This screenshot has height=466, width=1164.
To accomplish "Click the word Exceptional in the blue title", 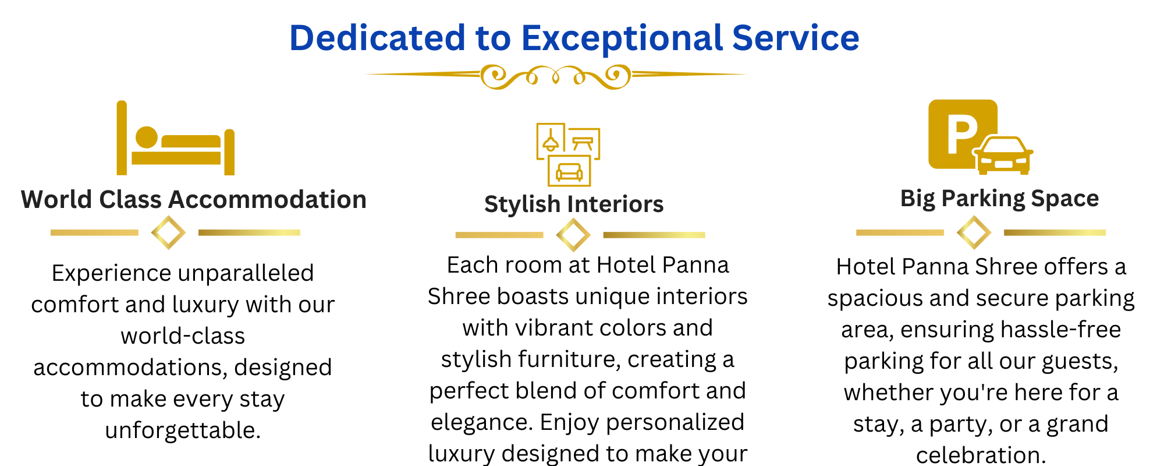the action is pyautogui.click(x=622, y=39).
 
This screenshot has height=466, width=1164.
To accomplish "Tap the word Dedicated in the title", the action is pyautogui.click(x=377, y=38).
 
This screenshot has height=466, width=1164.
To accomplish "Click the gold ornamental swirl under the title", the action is pyautogui.click(x=556, y=76).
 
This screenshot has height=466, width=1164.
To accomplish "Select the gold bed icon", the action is pyautogui.click(x=176, y=138).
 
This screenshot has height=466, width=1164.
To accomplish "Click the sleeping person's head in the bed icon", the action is pyautogui.click(x=147, y=137).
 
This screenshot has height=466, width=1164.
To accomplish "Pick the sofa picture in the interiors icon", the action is pyautogui.click(x=569, y=171).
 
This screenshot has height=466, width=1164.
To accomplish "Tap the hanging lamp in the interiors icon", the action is pyautogui.click(x=551, y=140).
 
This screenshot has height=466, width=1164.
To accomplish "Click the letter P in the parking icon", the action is pyautogui.click(x=961, y=135).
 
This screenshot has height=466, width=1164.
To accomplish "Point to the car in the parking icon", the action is pyautogui.click(x=1003, y=156).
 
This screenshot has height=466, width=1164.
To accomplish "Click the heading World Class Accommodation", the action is pyautogui.click(x=194, y=200).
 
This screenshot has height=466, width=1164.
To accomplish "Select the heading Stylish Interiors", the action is pyautogui.click(x=574, y=204).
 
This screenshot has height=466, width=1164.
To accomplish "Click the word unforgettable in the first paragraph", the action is pyautogui.click(x=183, y=430).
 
